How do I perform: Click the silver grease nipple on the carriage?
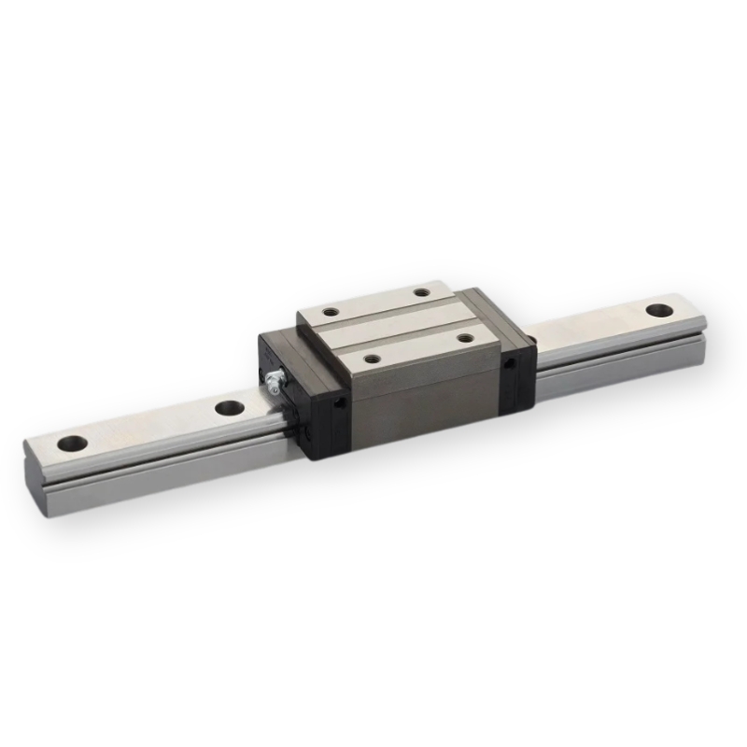(x=272, y=380)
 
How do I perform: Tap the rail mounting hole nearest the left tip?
(x=71, y=444)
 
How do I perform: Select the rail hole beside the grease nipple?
(x=227, y=407)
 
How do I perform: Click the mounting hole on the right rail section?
(x=658, y=309)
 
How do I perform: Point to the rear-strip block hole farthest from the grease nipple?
(x=423, y=292)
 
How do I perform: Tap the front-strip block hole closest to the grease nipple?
(x=372, y=357)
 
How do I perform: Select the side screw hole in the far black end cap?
(x=509, y=365)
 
